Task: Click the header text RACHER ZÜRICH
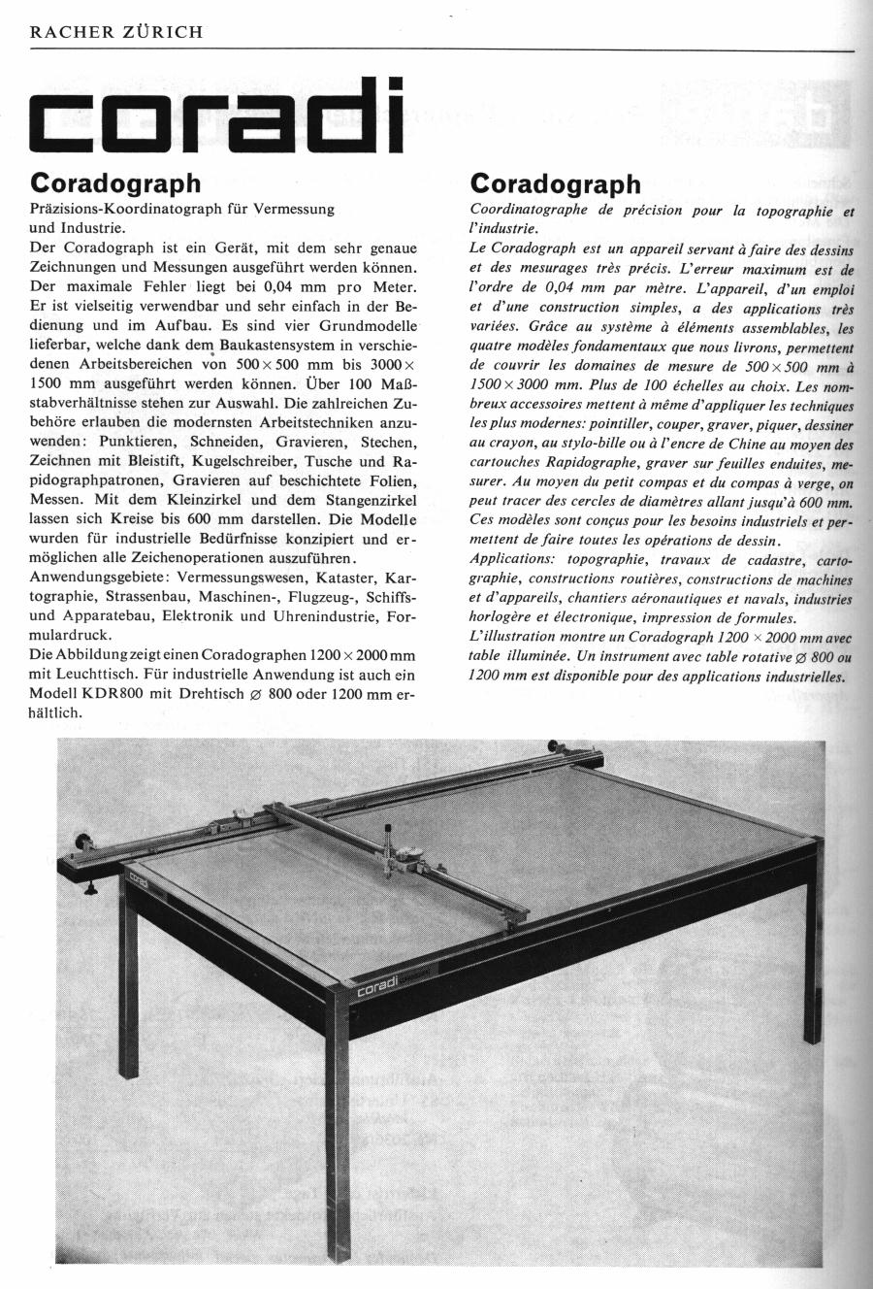(x=116, y=32)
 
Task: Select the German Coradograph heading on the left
(x=115, y=183)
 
